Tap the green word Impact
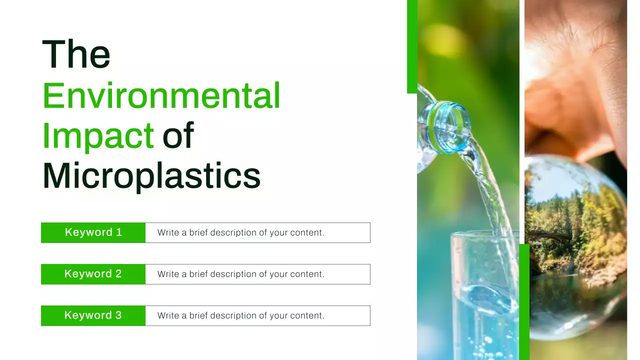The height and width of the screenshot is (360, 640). point(97,135)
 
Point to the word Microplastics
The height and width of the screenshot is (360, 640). point(151,176)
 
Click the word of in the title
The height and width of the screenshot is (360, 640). point(178,135)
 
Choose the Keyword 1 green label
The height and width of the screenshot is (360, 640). point(93,232)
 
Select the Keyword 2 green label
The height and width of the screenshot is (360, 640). point(93,274)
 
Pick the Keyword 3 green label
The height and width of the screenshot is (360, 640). point(93,315)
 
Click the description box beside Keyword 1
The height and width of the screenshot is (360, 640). point(257,232)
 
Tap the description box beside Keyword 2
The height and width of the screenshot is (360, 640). point(257,274)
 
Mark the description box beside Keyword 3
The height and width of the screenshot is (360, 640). point(257,315)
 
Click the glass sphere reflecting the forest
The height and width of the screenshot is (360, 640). point(575,245)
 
